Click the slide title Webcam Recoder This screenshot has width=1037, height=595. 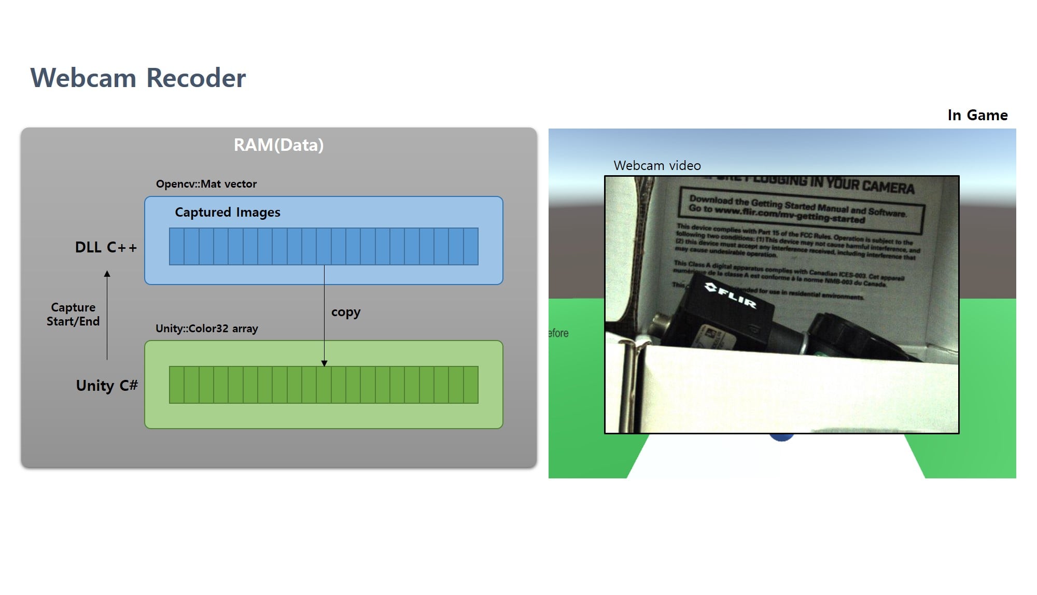click(138, 78)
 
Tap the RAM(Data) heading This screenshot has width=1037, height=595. click(278, 145)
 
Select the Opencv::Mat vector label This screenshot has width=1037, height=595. click(206, 184)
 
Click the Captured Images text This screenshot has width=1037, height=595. click(227, 212)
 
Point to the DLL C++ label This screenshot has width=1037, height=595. click(106, 247)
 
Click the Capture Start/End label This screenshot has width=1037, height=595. click(73, 315)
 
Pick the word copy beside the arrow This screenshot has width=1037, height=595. click(346, 312)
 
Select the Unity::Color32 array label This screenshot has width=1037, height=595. click(206, 329)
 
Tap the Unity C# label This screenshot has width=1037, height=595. click(107, 386)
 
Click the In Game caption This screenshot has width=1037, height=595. click(977, 115)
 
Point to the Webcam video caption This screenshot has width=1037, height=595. click(657, 166)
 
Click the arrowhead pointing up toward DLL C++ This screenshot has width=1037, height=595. click(107, 274)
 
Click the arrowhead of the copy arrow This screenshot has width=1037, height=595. click(324, 363)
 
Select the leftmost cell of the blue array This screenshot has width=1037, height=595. click(177, 247)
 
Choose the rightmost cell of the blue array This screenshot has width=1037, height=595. click(471, 247)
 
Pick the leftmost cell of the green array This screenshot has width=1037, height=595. click(177, 385)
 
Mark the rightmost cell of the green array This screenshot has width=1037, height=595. click(471, 385)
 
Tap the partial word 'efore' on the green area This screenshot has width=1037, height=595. click(558, 333)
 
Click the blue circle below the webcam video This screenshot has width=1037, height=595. click(781, 437)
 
